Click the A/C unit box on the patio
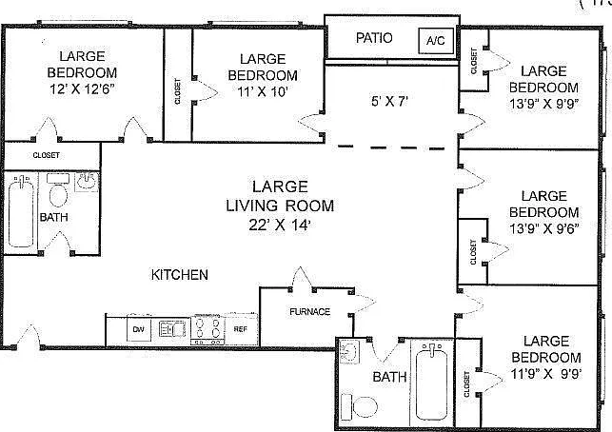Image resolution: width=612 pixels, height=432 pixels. (436, 41)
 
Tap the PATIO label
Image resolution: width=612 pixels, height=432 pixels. (374, 38)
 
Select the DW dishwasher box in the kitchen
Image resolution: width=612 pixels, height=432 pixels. (139, 329)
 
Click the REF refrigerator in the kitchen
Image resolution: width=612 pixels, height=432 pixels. (241, 329)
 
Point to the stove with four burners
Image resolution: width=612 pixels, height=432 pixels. (207, 329)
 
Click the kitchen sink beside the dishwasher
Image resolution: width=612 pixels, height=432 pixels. (172, 329)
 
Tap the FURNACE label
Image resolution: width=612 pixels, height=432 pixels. (310, 311)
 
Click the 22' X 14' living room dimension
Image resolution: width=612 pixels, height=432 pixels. (280, 225)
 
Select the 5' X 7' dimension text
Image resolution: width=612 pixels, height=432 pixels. (389, 102)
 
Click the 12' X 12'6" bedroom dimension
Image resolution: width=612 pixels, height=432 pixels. (82, 89)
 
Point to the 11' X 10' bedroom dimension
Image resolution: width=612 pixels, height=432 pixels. (263, 91)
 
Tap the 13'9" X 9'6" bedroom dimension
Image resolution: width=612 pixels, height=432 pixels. (543, 228)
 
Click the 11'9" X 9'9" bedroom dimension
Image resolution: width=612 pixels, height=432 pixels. (546, 374)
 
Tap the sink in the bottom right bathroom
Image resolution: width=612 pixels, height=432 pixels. (349, 352)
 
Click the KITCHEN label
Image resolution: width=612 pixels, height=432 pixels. (180, 275)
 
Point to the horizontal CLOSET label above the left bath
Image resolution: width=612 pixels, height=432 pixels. (46, 155)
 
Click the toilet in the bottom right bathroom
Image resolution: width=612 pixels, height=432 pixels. (360, 407)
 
